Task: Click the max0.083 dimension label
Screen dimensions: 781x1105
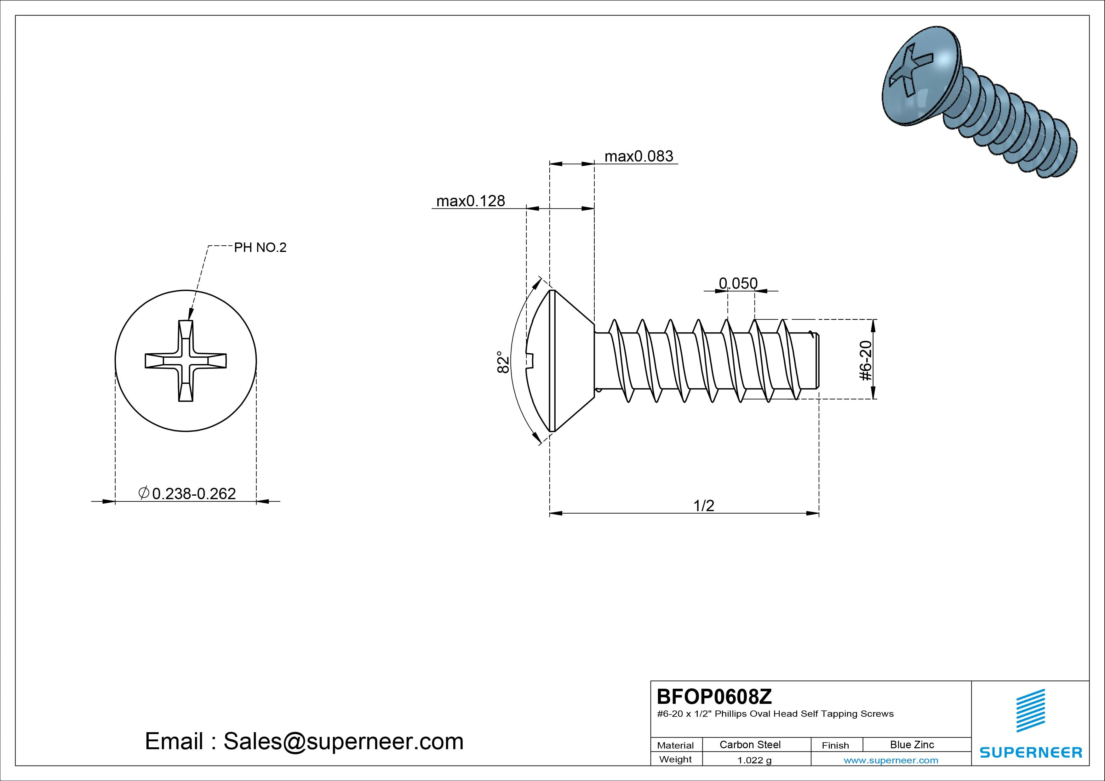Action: [638, 157]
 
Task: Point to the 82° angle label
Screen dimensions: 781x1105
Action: [503, 362]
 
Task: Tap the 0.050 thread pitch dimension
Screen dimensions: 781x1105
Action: [738, 283]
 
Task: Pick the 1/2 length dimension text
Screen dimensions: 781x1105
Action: [704, 505]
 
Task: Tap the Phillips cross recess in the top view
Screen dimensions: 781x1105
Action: [186, 361]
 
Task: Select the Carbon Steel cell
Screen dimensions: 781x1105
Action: [750, 744]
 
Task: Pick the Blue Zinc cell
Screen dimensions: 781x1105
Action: [912, 744]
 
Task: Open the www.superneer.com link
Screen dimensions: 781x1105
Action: [890, 760]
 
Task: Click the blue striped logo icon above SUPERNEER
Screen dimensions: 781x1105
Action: [1030, 710]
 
